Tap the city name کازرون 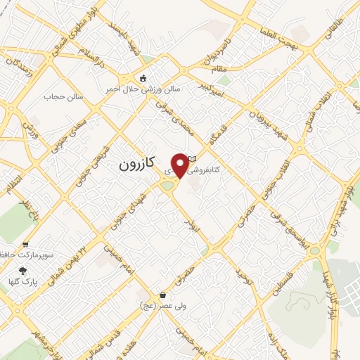coord(132,167)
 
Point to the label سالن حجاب coord(64,96)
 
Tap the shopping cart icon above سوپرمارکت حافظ coord(26,245)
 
